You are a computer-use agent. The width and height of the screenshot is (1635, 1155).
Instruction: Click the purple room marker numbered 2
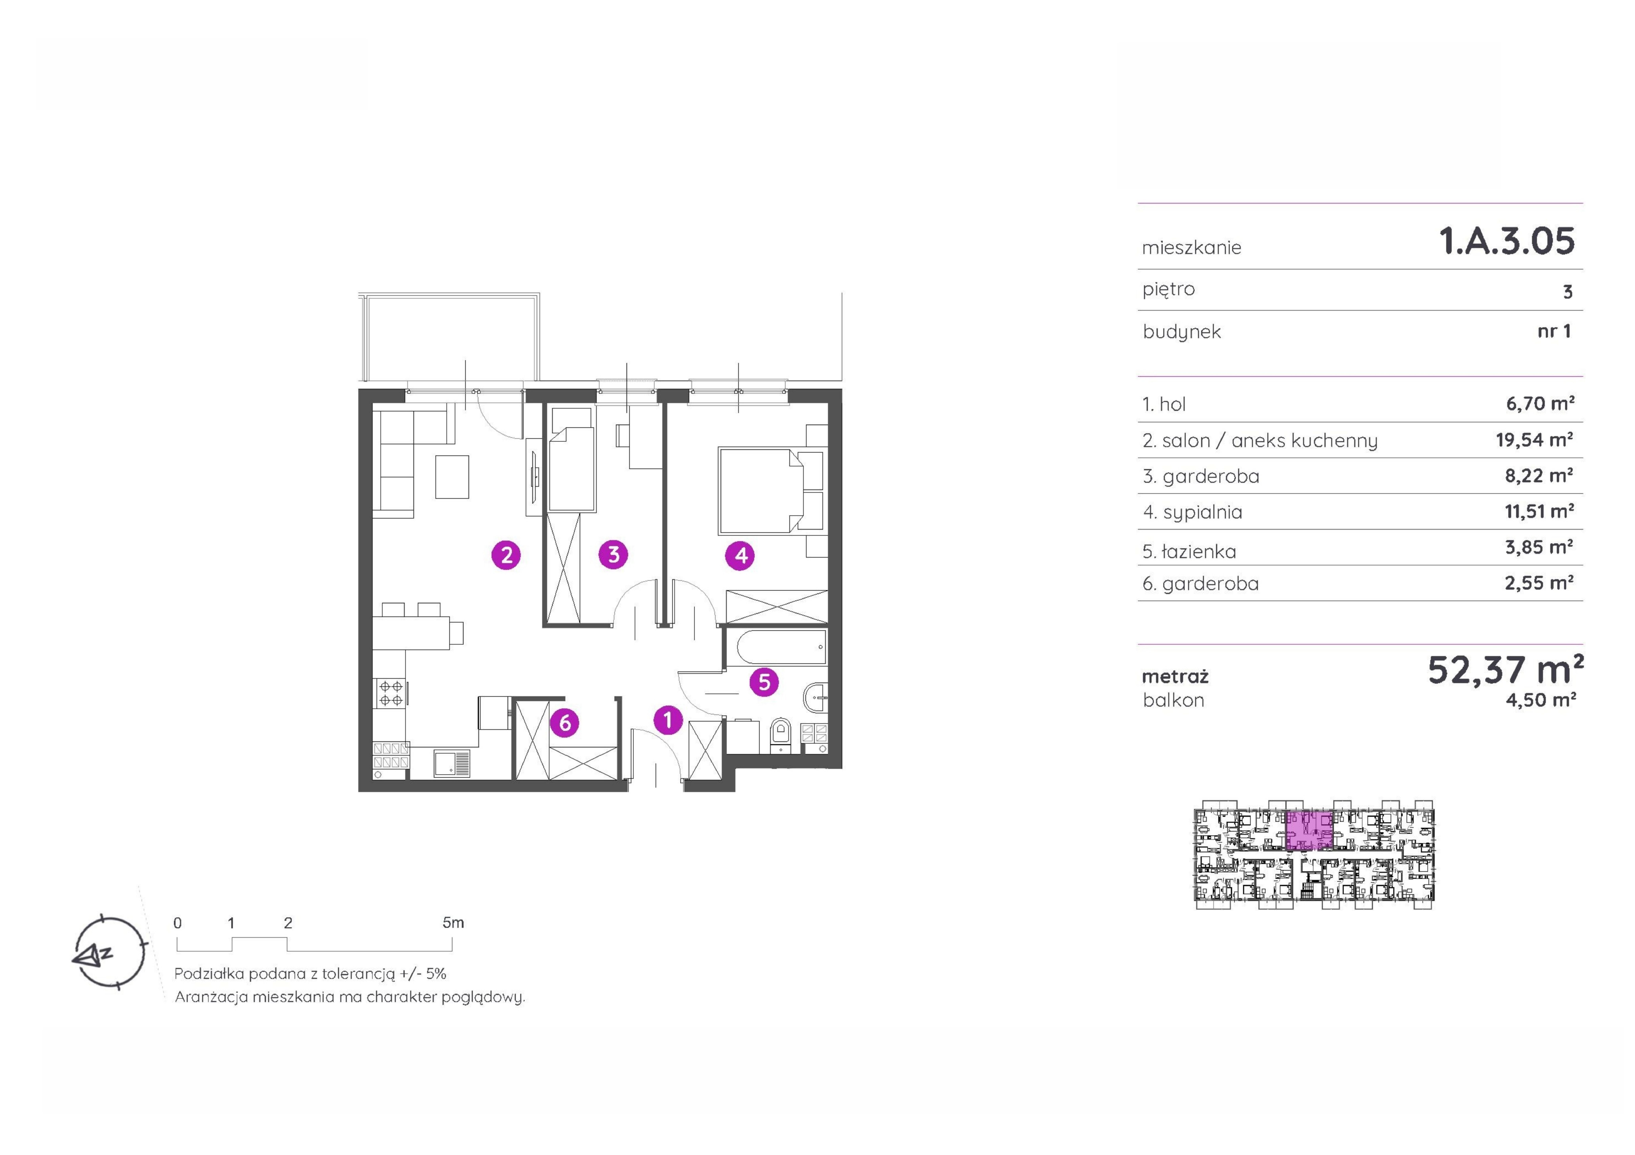(x=506, y=554)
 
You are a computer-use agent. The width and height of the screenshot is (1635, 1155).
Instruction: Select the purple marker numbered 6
(x=565, y=723)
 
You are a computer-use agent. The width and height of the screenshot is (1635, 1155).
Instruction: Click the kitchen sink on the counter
(x=452, y=764)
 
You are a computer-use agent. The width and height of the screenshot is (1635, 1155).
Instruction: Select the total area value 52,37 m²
(x=1505, y=670)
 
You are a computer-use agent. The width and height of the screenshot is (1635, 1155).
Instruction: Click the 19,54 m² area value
(x=1535, y=440)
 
